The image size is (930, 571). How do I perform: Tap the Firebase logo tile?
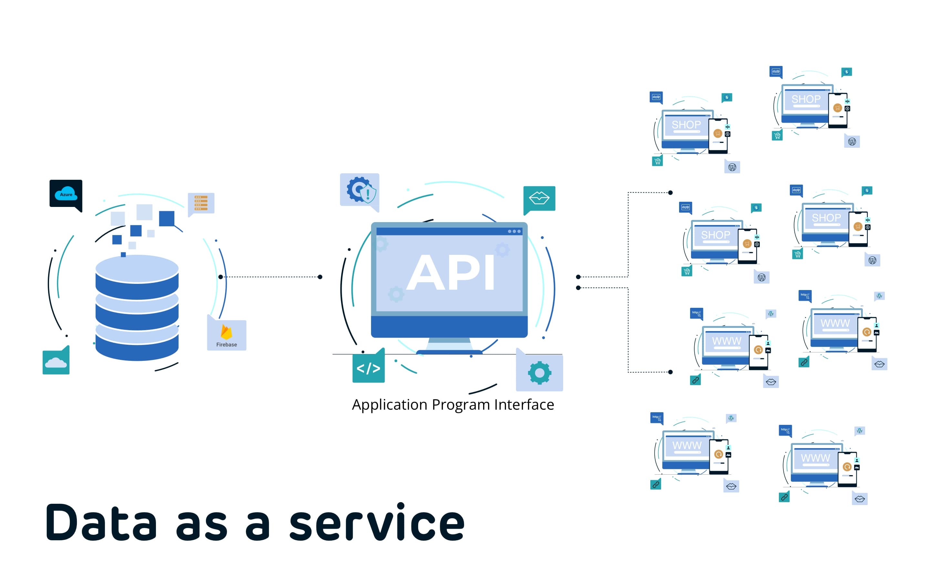pos(226,336)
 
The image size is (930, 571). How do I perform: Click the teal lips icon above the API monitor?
pos(539,198)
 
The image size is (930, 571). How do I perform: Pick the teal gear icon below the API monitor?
pos(539,373)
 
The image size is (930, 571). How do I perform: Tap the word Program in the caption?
pos(460,405)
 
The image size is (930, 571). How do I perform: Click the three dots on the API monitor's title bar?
pos(514,231)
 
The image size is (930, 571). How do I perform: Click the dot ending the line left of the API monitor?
pos(320,277)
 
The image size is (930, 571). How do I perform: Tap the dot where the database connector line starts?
pos(221,277)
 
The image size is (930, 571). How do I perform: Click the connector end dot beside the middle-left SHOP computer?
pos(670,193)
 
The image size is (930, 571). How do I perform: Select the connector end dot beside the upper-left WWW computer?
pos(670,372)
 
